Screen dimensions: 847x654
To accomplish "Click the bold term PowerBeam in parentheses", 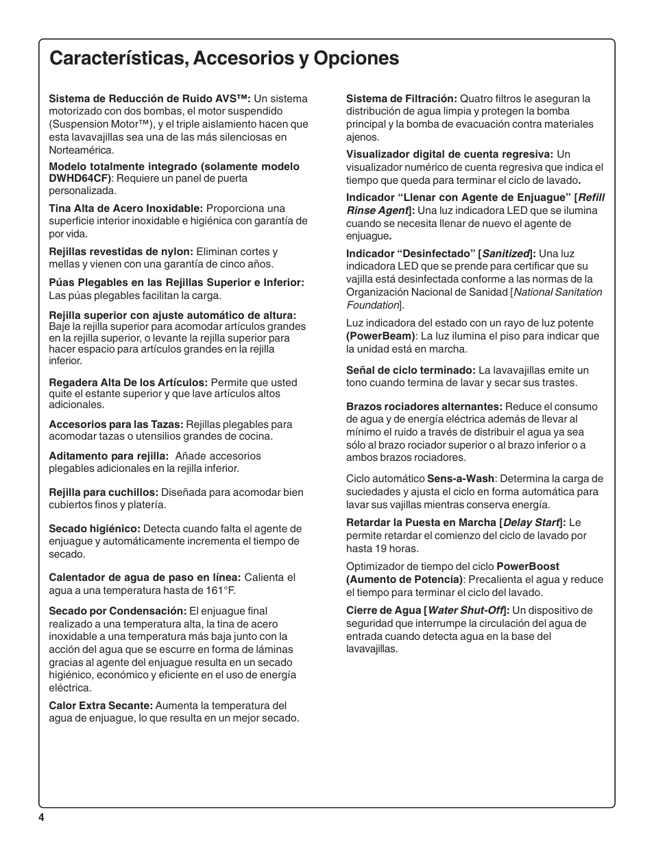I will [380, 336].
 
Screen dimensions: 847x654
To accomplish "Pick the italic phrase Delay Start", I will [532, 523].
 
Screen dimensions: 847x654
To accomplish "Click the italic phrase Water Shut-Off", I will [466, 610].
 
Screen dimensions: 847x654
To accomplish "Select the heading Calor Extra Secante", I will [100, 706].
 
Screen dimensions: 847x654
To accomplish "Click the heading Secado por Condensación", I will [117, 611].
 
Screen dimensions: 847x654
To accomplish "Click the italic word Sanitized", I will [507, 254].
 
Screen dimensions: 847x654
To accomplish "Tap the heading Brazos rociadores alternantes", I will [424, 407].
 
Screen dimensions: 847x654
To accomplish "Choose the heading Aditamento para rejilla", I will [108, 456].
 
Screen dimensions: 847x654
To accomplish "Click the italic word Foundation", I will [373, 305].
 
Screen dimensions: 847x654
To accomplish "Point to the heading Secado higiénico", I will [95, 529].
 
